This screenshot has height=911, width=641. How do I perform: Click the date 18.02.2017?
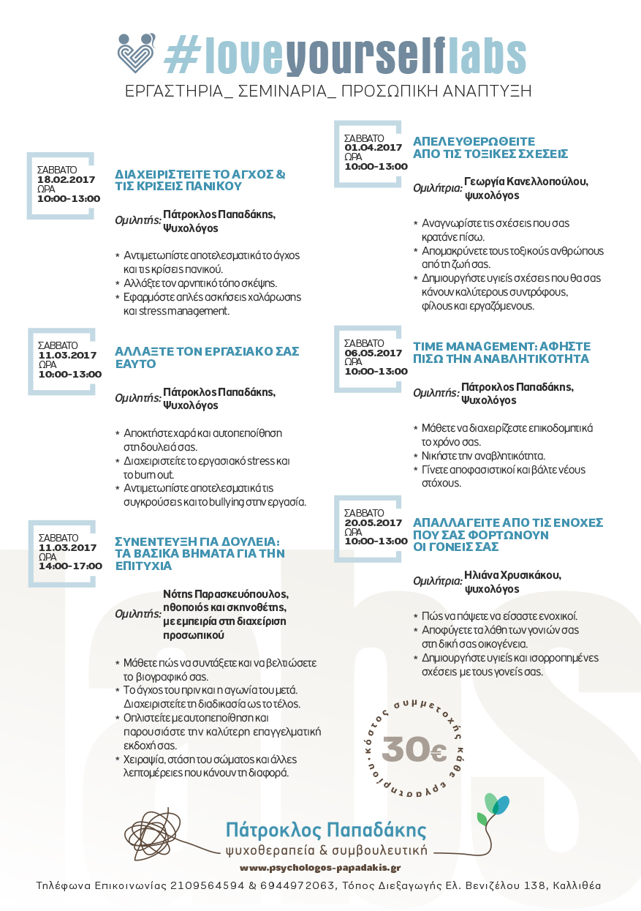67,179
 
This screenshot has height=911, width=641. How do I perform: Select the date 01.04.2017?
373,147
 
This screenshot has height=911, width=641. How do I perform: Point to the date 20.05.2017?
373,522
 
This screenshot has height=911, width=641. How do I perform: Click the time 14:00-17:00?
70,566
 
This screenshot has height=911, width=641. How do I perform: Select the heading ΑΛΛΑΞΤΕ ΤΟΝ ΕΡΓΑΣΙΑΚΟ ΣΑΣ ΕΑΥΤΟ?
207,357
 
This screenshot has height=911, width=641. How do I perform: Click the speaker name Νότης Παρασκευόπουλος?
226,593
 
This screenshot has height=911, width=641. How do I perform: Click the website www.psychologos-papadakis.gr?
320,867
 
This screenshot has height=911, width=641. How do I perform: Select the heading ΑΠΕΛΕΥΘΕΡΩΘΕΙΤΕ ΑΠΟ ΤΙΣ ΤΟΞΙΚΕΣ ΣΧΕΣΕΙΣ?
490,147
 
